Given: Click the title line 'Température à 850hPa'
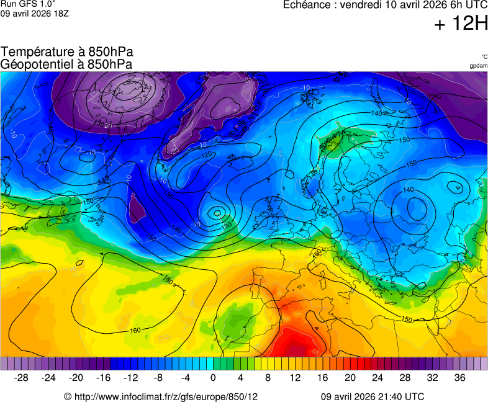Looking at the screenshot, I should tap(66, 52).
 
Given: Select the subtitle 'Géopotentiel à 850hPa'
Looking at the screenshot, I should tap(66, 64).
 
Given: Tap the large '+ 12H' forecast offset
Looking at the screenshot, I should tap(461, 24).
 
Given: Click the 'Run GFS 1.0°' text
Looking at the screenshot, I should tap(28, 4).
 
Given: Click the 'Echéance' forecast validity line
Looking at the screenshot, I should tap(385, 6).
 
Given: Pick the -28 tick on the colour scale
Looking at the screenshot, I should tap(21, 377).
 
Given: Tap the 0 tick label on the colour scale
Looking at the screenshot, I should tap(213, 377).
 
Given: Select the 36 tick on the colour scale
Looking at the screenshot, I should tap(459, 377).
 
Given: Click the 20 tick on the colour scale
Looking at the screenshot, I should tap(350, 377).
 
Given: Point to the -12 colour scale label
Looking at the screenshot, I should tap(130, 377).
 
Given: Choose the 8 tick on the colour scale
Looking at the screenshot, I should tap(268, 377).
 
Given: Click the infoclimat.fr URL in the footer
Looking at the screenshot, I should tap(161, 396).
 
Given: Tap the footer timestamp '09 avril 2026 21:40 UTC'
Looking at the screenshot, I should tap(373, 396).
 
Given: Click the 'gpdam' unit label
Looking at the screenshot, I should tap(478, 65).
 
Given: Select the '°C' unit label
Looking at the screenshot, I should tap(484, 56).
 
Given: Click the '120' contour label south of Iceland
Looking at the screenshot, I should tap(207, 154).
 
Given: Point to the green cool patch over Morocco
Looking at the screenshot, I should tap(235, 320).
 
